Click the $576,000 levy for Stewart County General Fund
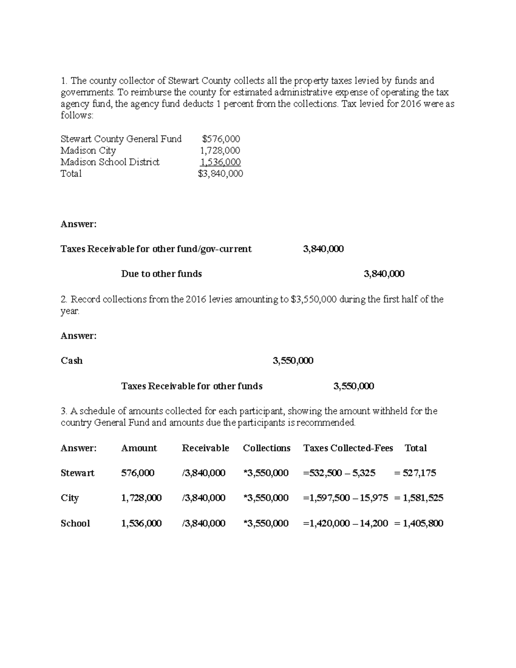click(221, 139)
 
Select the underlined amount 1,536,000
click(220, 162)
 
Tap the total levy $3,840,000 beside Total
click(220, 174)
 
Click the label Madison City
click(88, 151)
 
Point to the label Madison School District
click(110, 162)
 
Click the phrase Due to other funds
click(161, 274)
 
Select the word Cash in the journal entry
click(71, 361)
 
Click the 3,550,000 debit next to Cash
click(293, 361)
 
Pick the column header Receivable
click(205, 448)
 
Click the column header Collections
click(267, 448)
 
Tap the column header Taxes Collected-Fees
click(348, 448)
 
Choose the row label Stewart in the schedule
click(77, 473)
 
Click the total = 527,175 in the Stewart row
click(415, 473)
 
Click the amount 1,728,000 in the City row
click(141, 498)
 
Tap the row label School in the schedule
click(75, 523)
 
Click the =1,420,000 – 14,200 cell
click(345, 523)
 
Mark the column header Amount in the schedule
click(139, 448)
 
